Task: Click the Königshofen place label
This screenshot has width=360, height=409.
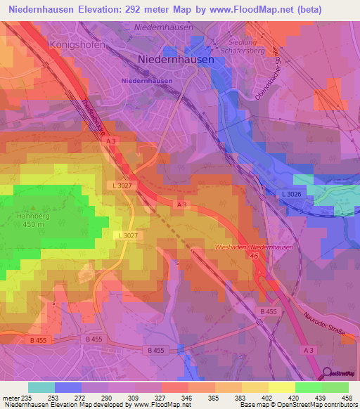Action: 77,44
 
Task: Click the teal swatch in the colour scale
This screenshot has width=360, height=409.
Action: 41,387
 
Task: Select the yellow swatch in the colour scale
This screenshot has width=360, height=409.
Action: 282,387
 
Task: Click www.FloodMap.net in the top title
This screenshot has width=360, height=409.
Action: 252,9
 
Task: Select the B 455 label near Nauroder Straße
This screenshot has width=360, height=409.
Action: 268,311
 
